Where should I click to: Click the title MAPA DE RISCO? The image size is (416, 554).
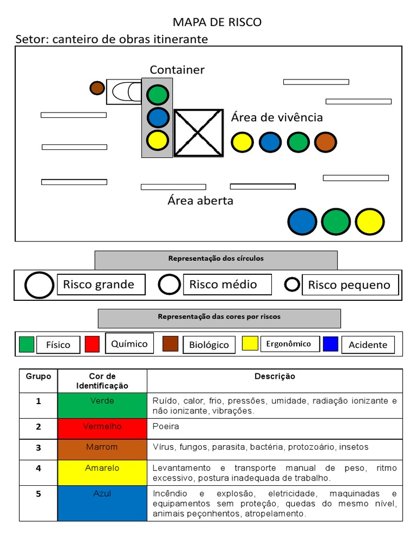coord(217,22)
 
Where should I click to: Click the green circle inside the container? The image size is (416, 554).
coord(158,95)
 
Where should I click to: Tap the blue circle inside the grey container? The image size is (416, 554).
coord(158,117)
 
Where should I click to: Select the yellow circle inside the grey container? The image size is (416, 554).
coord(158,140)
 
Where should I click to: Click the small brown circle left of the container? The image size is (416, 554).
coord(97,88)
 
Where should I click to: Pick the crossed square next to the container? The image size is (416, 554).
coord(198,133)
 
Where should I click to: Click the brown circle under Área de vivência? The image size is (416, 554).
coord(326,142)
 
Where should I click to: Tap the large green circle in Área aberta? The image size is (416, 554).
coord(336,221)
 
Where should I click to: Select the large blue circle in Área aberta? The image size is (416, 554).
coord(302,221)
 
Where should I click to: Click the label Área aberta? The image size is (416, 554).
coord(200,201)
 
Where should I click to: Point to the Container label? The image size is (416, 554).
coord(177,70)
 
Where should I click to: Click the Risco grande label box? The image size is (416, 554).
coord(101,285)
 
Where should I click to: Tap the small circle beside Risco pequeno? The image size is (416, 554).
coord(292,284)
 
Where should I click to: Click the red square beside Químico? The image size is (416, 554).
coord(92,344)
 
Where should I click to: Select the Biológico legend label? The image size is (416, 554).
coord(209,345)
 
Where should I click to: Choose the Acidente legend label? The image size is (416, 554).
coord(368,345)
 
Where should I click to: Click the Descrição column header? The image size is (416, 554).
coord(275,377)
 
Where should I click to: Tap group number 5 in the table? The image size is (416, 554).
coord(38,493)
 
